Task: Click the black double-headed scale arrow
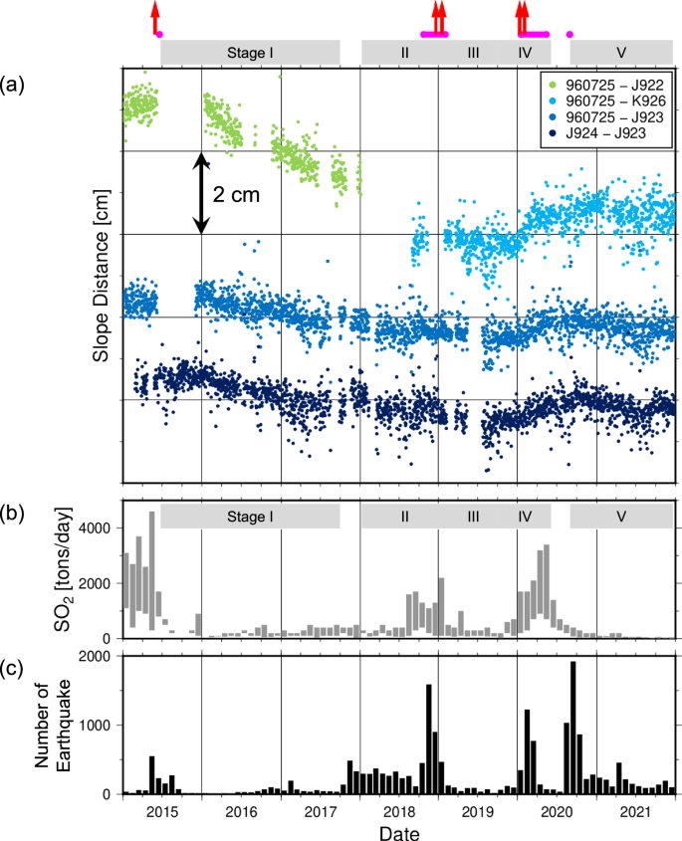[201, 193]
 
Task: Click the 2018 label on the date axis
[399, 810]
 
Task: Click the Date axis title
[398, 831]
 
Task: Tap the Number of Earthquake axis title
[56, 724]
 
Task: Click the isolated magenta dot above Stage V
[569, 35]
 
